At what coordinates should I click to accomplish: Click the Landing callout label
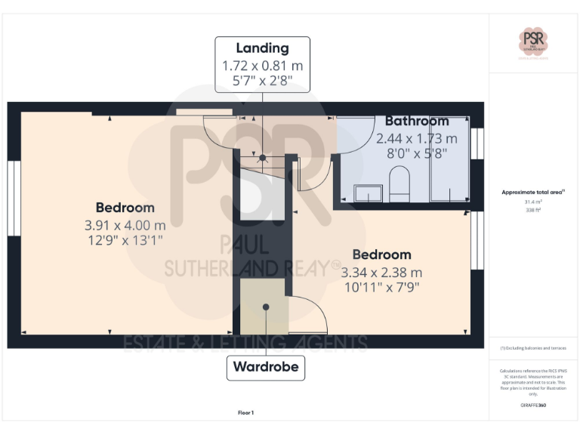coord(262,48)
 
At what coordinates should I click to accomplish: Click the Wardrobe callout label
coord(266,368)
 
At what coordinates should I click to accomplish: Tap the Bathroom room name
coord(417,121)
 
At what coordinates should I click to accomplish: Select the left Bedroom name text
coord(125,208)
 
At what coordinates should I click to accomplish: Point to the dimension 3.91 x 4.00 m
coord(125,224)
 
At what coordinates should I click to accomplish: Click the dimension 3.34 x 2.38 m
coord(381,272)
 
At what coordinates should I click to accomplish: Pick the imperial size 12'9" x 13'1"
coord(125,240)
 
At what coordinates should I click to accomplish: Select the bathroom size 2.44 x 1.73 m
coord(417,138)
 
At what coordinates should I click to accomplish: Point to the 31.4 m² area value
coord(533,202)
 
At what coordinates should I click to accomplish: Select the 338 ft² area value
coord(533,210)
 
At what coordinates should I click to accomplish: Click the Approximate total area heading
coord(532,193)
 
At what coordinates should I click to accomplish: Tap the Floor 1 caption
coord(246,412)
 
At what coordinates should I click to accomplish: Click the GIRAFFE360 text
coord(533,406)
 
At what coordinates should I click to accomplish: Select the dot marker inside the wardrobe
coord(266,307)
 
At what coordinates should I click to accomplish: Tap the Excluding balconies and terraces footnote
coord(533,348)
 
